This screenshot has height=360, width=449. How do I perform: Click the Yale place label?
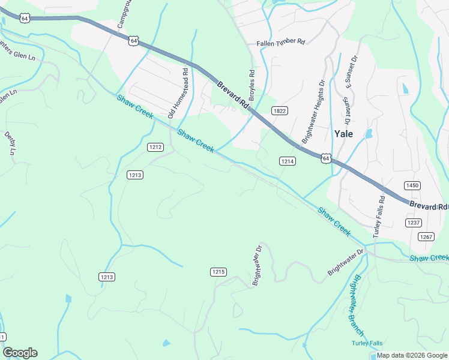click(x=344, y=133)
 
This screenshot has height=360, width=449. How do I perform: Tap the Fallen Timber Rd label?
click(x=281, y=43)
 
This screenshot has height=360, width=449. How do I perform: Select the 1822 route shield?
click(x=279, y=111)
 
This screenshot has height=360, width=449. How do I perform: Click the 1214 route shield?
click(x=287, y=161)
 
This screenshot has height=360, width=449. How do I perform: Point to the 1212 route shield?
click(x=155, y=147)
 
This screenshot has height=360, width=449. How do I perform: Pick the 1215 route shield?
click(x=218, y=272)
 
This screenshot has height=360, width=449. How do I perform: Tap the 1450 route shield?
click(x=412, y=185)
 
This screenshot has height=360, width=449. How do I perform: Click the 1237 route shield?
click(x=414, y=223)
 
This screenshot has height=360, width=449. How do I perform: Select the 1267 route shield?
click(x=426, y=237)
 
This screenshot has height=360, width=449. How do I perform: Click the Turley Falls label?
click(x=367, y=343)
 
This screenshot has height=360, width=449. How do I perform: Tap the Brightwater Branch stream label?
click(x=357, y=305)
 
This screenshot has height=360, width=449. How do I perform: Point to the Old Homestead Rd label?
click(x=179, y=92)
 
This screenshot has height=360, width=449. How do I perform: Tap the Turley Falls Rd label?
click(x=379, y=217)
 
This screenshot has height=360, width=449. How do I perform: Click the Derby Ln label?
click(x=10, y=143)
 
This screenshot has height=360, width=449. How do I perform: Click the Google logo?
click(x=20, y=353)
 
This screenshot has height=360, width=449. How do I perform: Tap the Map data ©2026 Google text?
click(x=411, y=356)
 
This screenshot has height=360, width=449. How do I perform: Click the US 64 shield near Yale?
click(x=325, y=158)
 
